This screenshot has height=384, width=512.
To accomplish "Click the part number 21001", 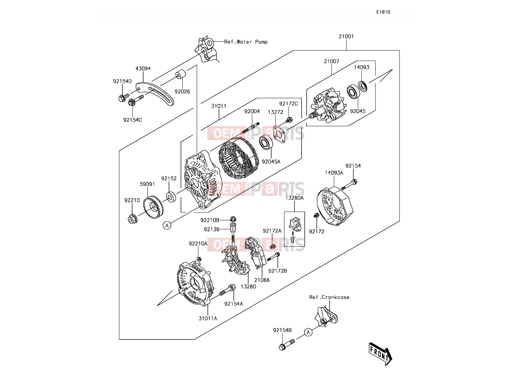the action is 346,36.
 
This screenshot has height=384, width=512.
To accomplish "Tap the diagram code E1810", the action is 383,12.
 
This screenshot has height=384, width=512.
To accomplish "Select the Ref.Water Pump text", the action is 246,42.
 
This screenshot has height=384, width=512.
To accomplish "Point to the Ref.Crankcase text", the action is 329,297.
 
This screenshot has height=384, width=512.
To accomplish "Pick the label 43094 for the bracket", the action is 143,69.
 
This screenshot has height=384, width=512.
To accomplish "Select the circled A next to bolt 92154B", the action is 308,332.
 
